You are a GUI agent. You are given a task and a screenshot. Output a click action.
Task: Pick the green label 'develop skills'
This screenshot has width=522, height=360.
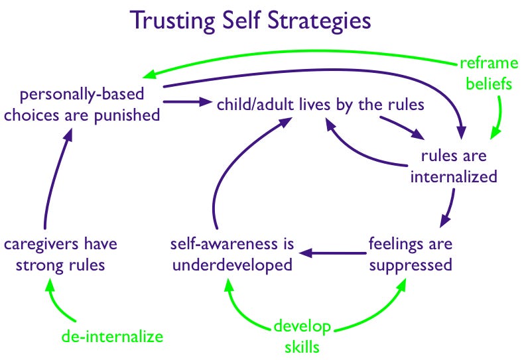point(298,337)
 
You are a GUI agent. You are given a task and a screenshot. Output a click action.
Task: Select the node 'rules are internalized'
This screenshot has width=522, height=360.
point(454,166)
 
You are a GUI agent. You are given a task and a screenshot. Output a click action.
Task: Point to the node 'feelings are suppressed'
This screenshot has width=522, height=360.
point(410,254)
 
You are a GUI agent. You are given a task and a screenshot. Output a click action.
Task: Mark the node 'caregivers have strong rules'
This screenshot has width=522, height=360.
point(61,254)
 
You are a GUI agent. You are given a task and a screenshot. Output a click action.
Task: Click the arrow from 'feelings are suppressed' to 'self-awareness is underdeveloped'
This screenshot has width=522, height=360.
point(332,252)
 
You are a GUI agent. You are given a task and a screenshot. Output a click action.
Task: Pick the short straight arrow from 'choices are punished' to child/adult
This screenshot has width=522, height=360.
point(182,102)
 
